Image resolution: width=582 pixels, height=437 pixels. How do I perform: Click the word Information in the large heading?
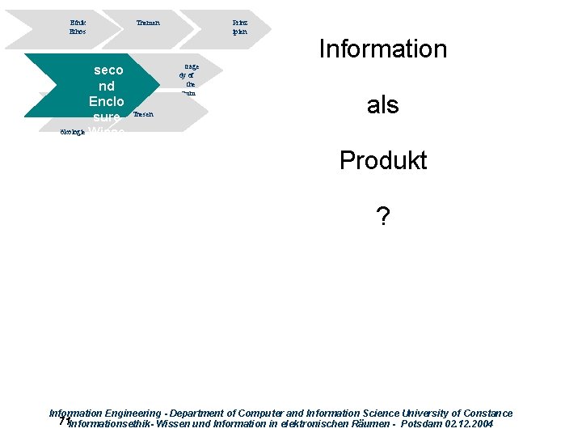click(x=382, y=49)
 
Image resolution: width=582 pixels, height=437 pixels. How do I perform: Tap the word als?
click(x=382, y=105)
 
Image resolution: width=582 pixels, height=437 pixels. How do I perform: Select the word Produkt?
click(x=382, y=160)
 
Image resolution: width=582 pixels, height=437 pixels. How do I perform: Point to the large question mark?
click(x=382, y=216)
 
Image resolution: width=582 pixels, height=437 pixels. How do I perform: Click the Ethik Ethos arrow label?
click(x=78, y=28)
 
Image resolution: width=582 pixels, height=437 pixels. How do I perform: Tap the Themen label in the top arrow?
click(x=148, y=23)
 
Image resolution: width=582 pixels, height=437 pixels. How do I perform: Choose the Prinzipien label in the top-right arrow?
click(x=239, y=28)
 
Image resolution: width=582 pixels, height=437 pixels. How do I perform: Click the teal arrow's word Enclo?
click(x=107, y=102)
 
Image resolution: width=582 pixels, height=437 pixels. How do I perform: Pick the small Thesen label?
click(x=142, y=115)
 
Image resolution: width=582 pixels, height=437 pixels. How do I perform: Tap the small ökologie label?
click(x=73, y=132)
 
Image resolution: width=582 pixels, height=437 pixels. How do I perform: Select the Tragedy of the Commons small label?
click(x=188, y=79)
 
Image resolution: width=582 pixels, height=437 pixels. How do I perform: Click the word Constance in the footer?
click(x=483, y=414)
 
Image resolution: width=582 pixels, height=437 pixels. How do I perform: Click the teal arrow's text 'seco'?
click(x=108, y=70)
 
